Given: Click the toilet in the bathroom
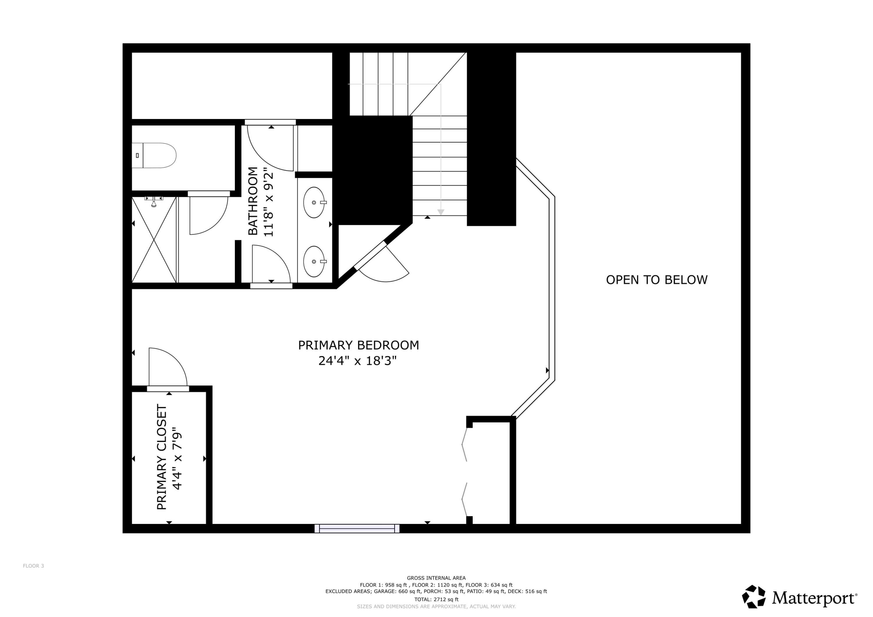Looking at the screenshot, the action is (x=154, y=155).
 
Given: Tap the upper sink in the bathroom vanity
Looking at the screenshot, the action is (x=315, y=202).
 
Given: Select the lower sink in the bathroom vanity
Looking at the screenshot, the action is (x=315, y=262).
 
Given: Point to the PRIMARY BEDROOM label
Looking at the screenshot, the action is (x=358, y=345).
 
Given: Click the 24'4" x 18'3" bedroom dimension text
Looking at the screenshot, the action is (x=357, y=360).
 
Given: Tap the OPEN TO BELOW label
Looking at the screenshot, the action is (x=657, y=280).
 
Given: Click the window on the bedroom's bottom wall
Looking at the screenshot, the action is (x=357, y=529).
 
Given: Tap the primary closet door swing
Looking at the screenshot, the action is (x=168, y=367).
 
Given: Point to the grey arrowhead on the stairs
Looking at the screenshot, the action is (x=441, y=212).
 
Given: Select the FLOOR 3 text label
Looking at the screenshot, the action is (x=33, y=566).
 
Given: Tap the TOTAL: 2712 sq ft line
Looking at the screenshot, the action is (x=436, y=600).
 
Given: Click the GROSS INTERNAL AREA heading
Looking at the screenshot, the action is (x=436, y=578).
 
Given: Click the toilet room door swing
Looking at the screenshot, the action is (x=208, y=216).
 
